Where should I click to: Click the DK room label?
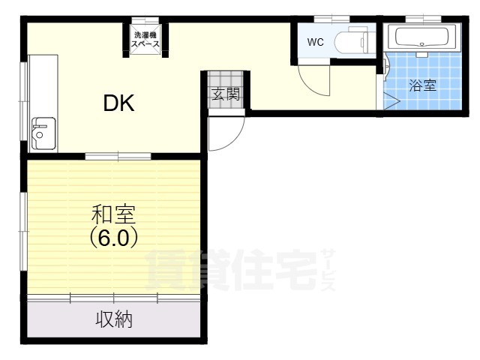(x=118, y=103)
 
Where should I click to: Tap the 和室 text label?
(x=113, y=214)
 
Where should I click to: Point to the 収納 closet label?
(x=114, y=319)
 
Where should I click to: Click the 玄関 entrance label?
(x=226, y=94)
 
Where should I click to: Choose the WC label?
(x=315, y=42)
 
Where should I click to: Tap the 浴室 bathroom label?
(x=423, y=85)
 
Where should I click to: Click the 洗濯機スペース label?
(x=145, y=40)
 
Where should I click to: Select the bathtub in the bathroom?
(x=421, y=37)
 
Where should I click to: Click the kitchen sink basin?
(x=43, y=133)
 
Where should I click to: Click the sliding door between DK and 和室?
(x=118, y=157)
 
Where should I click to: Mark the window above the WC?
(x=332, y=19)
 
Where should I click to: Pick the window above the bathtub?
(x=423, y=19)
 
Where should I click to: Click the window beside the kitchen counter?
(x=24, y=101)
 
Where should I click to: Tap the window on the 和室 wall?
(x=24, y=232)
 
